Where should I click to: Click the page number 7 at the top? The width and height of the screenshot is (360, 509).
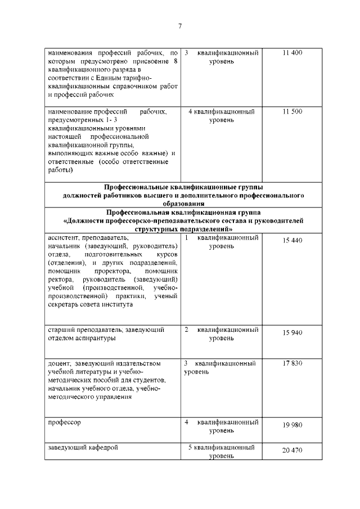point(179,26)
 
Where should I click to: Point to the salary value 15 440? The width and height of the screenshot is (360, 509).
point(292,240)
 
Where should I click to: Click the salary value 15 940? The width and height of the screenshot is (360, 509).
point(292,332)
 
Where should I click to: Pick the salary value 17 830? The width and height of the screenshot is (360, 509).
point(292,363)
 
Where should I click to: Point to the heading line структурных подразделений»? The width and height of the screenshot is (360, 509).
point(183,229)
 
